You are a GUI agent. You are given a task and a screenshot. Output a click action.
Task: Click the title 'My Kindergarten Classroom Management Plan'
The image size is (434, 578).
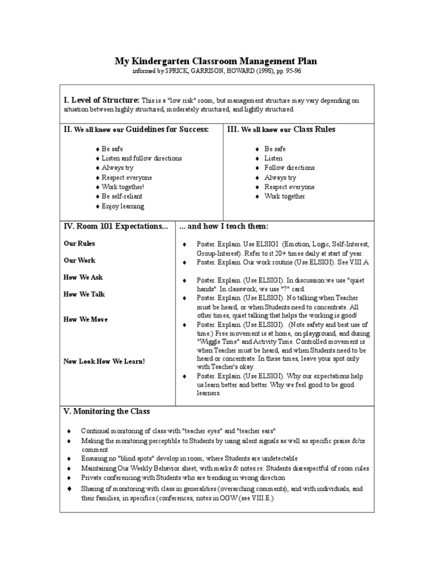click(216, 61)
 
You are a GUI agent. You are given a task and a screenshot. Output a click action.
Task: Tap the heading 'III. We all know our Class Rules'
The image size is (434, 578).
click(281, 129)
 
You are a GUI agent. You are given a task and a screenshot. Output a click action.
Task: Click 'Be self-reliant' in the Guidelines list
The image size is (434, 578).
click(122, 196)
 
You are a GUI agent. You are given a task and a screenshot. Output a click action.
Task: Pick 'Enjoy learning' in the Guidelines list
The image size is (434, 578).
click(123, 206)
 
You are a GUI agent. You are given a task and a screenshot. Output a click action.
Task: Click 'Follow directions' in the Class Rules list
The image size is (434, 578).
click(289, 168)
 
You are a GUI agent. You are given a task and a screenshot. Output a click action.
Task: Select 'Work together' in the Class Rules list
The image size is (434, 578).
click(284, 196)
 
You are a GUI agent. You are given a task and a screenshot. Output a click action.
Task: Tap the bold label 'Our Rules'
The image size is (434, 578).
click(79, 243)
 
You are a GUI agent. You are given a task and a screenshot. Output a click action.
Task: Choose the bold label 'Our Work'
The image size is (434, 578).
click(79, 260)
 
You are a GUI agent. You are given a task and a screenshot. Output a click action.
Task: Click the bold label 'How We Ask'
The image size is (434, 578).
click(83, 277)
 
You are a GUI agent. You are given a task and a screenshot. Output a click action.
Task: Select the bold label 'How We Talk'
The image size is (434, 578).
click(84, 294)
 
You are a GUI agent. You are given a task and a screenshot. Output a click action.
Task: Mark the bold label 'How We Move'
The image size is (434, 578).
click(86, 319)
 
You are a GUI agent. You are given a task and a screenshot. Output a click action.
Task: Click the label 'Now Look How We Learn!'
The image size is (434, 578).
click(104, 361)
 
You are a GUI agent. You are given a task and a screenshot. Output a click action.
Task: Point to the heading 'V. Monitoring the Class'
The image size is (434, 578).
click(107, 411)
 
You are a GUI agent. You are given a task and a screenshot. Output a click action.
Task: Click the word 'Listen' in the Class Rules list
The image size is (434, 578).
click(274, 158)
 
